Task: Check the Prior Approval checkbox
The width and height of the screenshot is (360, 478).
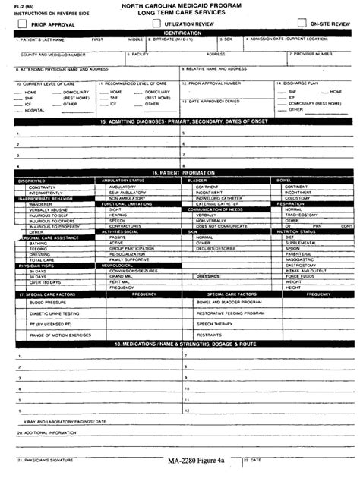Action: pos(23,24)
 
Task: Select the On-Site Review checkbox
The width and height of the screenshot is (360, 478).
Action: pos(302,24)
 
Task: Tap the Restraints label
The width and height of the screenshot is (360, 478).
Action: pos(210,334)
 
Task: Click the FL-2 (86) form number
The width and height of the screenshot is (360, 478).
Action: pos(14,5)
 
